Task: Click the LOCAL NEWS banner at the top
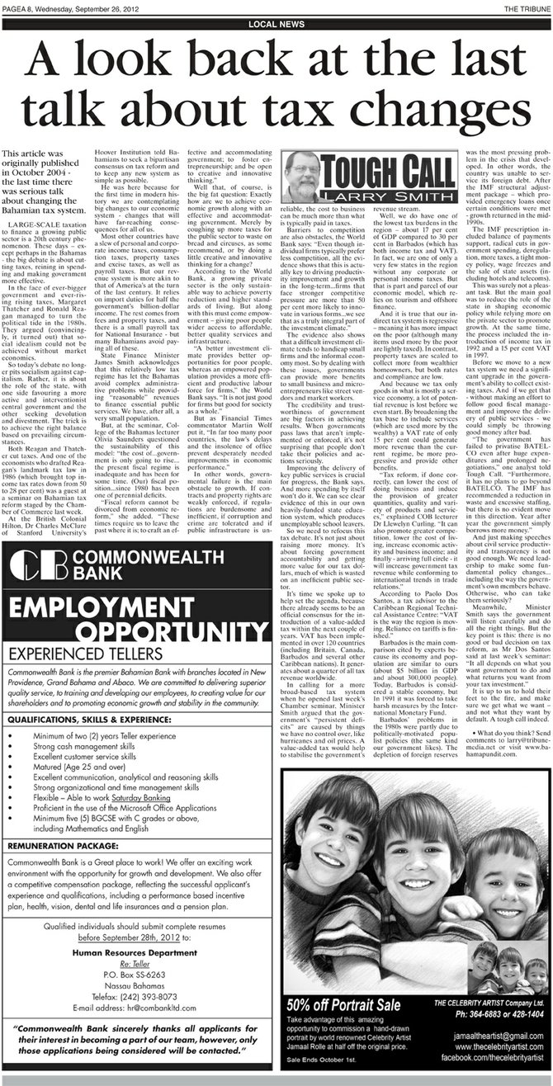pyautogui.click(x=276, y=24)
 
